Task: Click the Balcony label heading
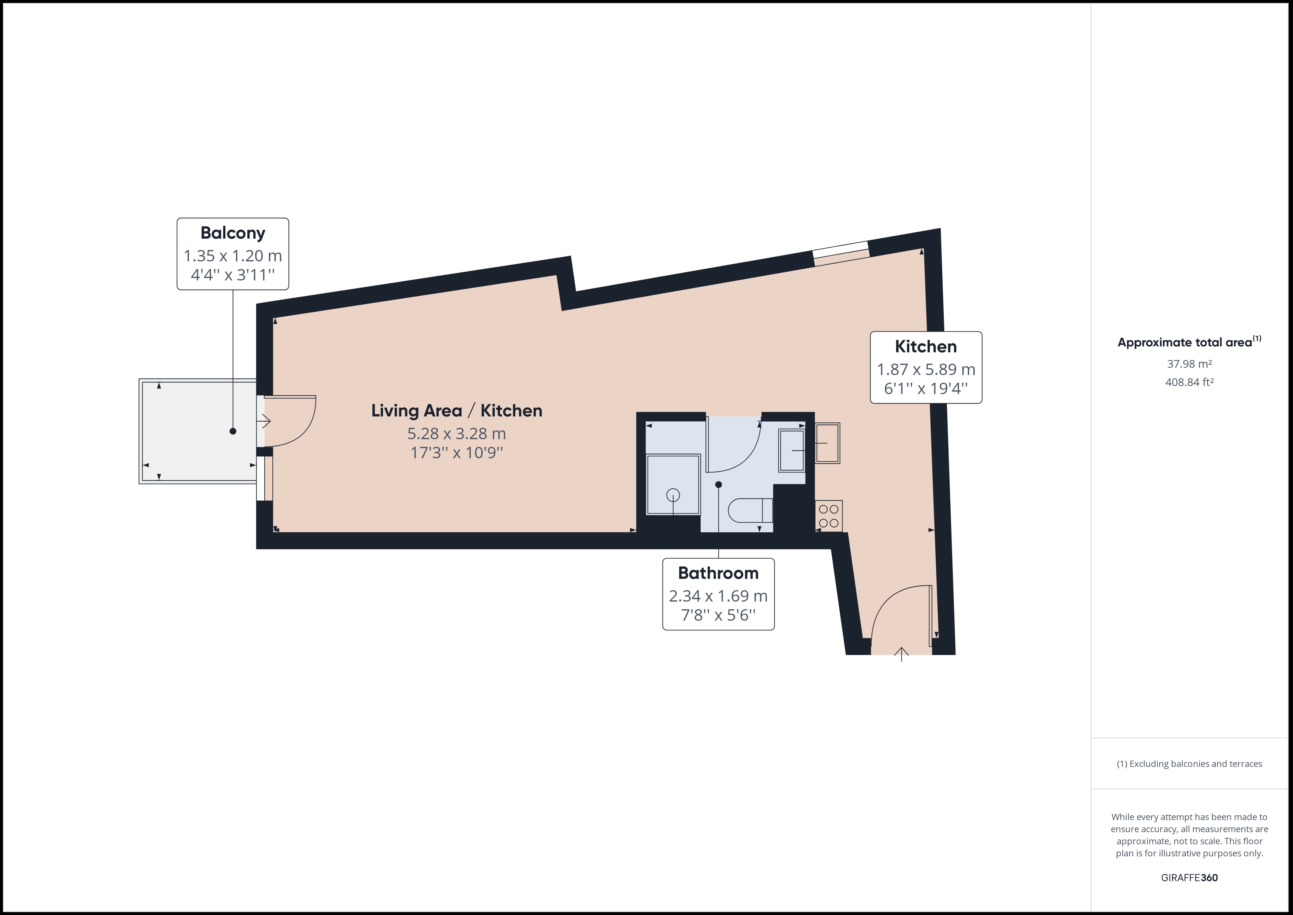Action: tap(233, 233)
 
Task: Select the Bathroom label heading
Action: tap(718, 573)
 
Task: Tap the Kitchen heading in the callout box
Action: tap(926, 346)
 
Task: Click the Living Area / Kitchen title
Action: tap(457, 410)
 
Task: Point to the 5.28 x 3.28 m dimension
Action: tap(457, 434)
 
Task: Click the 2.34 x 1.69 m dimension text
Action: tap(718, 596)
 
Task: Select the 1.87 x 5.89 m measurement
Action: tap(926, 370)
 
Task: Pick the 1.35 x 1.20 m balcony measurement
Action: tap(233, 256)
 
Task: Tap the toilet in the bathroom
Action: tap(750, 510)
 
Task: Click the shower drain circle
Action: tap(673, 495)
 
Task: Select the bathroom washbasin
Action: tap(792, 450)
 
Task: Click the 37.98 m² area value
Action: tap(1189, 364)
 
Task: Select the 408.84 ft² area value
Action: tap(1189, 382)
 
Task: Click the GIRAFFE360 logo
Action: tap(1189, 878)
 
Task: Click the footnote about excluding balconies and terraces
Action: tap(1189, 764)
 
